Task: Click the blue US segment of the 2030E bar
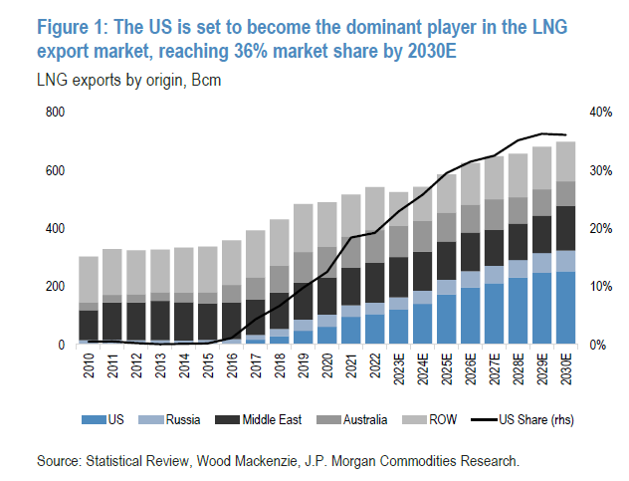(x=566, y=308)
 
